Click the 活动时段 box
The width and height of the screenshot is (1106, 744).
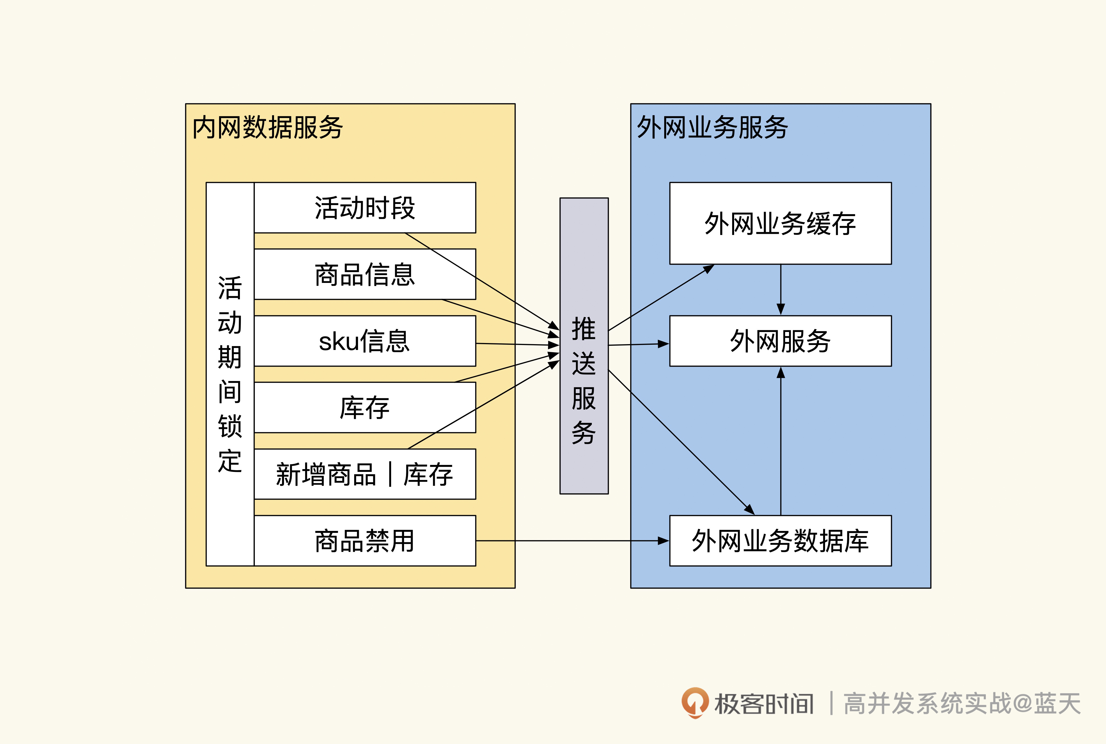365,207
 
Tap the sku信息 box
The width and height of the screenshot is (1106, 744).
365,341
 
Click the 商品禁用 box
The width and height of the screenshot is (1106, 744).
365,540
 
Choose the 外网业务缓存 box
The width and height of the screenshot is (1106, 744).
780,223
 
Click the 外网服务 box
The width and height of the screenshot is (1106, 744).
780,341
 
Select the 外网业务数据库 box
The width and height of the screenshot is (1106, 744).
780,540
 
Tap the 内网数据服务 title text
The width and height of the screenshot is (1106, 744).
267,127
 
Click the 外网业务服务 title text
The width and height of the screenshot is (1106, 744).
712,127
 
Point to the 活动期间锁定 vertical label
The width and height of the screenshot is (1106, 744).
230,374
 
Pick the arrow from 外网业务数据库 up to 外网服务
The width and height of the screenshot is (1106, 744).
781,441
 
